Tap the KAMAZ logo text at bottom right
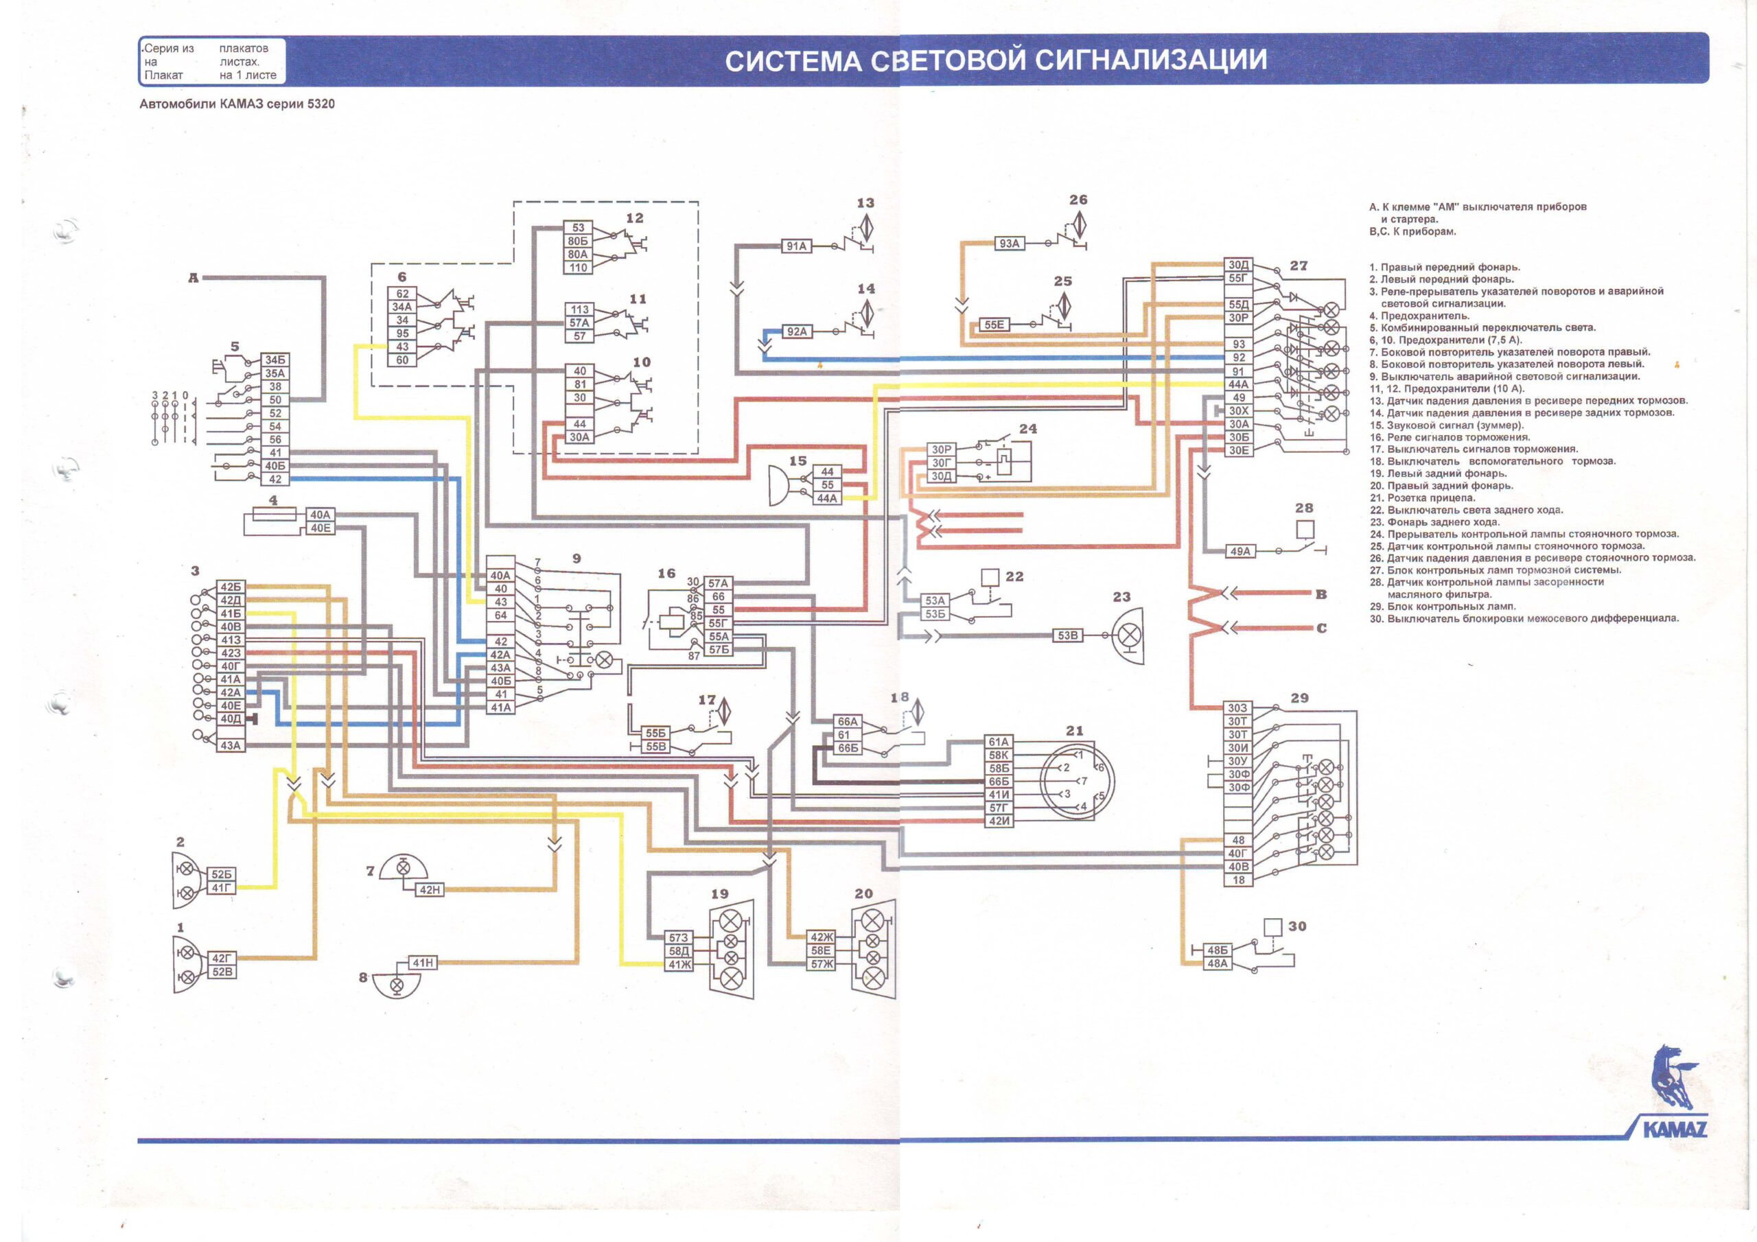click(x=1675, y=1129)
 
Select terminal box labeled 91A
click(x=797, y=246)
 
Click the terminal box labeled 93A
click(x=1010, y=244)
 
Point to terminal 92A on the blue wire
click(x=797, y=332)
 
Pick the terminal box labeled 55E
click(x=994, y=325)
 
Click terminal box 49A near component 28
click(x=1239, y=551)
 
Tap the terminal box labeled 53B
click(x=1067, y=635)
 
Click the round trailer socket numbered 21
click(x=1077, y=781)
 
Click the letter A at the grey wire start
click(x=194, y=278)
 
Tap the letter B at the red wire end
click(x=1320, y=594)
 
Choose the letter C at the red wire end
click(x=1320, y=629)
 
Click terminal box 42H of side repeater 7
click(x=430, y=889)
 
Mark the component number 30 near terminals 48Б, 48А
click(x=1297, y=926)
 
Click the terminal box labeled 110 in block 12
click(x=578, y=268)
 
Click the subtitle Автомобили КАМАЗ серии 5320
click(x=237, y=104)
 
